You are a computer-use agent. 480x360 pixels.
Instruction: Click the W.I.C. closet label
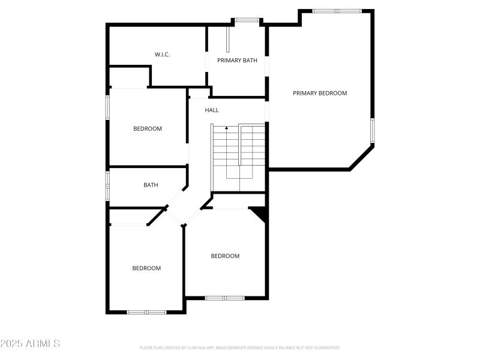click(x=162, y=55)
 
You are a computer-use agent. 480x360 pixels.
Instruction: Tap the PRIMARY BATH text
click(x=237, y=60)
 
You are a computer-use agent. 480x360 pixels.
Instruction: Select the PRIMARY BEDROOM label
click(x=320, y=93)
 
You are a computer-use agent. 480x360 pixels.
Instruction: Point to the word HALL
click(x=212, y=110)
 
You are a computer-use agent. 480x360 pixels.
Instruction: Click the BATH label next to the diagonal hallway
click(x=151, y=185)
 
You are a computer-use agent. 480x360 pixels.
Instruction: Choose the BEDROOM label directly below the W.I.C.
click(x=147, y=128)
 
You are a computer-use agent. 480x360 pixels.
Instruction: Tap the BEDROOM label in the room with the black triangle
click(x=225, y=256)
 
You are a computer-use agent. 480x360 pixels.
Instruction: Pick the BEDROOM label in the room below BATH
click(x=146, y=268)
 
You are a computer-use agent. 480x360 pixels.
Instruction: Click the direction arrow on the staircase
click(x=226, y=128)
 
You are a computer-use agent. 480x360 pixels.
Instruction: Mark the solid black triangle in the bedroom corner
click(x=260, y=212)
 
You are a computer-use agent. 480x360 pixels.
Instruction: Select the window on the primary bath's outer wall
click(x=246, y=20)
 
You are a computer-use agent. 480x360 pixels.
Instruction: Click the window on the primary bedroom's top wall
click(x=337, y=11)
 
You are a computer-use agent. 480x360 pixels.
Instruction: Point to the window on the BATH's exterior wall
click(x=108, y=186)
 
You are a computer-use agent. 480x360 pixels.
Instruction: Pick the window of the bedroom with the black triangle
click(x=224, y=298)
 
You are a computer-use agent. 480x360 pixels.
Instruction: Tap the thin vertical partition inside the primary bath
click(x=228, y=39)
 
